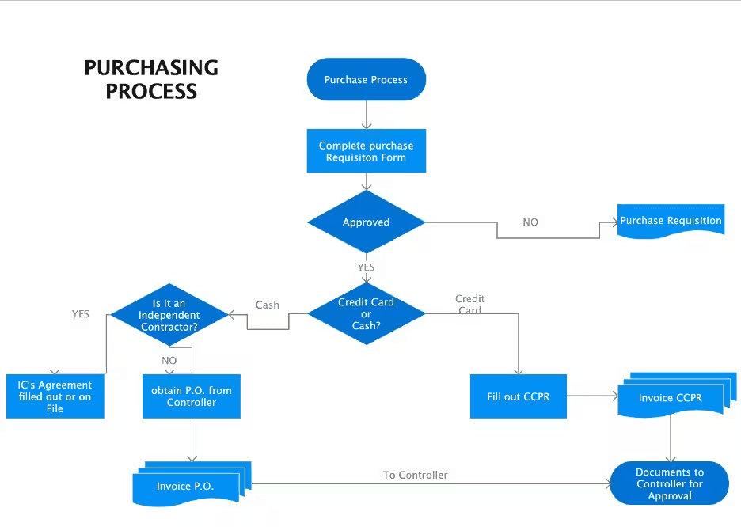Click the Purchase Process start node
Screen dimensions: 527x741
(366, 80)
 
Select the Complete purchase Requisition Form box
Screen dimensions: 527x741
(366, 151)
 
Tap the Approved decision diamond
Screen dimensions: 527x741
(366, 222)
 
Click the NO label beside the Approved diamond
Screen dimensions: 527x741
(530, 222)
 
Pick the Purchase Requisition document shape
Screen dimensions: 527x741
(671, 222)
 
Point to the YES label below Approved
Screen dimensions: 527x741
(366, 267)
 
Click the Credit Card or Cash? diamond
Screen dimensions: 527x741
(366, 314)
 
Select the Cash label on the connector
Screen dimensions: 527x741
(268, 305)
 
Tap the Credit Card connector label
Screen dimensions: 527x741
(470, 305)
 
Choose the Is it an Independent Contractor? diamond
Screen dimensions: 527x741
(169, 315)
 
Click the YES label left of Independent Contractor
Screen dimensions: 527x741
(81, 314)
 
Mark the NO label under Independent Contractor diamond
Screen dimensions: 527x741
(169, 360)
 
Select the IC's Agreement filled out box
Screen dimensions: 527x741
(55, 396)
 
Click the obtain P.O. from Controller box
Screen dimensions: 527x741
(192, 396)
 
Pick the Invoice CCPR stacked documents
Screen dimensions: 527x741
(670, 397)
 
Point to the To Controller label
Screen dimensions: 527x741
(416, 475)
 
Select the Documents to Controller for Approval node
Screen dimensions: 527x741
(670, 483)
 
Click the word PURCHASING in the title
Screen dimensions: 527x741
(151, 68)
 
